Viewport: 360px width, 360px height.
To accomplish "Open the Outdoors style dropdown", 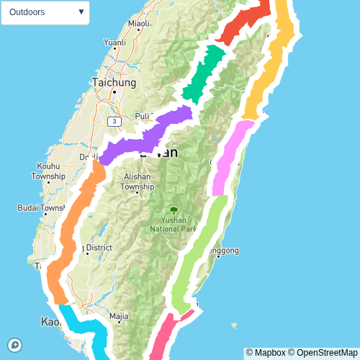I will click(45, 12).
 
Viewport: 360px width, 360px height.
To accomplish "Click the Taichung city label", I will click(114, 83).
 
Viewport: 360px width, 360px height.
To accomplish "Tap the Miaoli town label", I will click(138, 24).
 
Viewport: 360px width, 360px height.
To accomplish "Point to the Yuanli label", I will click(114, 42).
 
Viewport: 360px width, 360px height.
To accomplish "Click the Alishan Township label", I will click(137, 181).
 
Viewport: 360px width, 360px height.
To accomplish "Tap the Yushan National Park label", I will click(173, 225).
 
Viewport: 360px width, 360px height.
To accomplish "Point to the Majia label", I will click(119, 315).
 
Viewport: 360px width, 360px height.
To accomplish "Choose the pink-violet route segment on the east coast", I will click(230, 158).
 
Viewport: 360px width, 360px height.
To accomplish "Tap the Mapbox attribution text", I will click(266, 353).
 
